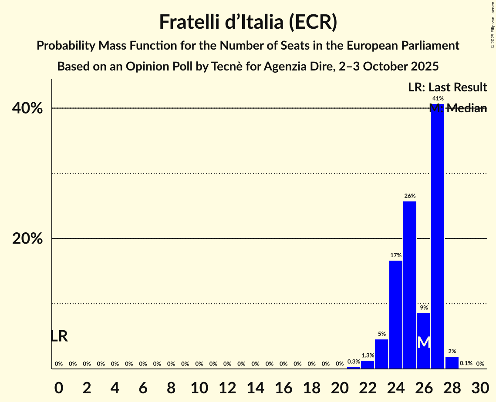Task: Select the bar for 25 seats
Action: [410, 285]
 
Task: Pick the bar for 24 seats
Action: [396, 315]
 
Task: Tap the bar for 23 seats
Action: [381, 354]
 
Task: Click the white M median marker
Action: [424, 342]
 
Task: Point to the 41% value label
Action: [438, 99]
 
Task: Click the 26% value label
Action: [410, 196]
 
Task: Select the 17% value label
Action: [396, 255]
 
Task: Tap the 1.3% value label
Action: [368, 355]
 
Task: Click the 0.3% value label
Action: [354, 362]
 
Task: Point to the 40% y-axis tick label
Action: [27, 108]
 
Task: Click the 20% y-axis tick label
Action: [27, 239]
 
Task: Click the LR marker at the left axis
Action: [59, 336]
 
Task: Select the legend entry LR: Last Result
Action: [447, 87]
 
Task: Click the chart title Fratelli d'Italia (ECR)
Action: [248, 22]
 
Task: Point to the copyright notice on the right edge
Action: [493, 24]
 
